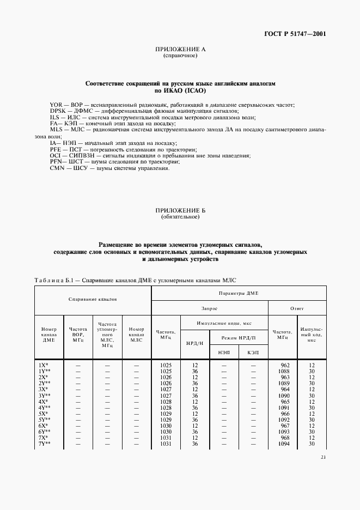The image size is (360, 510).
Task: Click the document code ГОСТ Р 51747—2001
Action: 296,34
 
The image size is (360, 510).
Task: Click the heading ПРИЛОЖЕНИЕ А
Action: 180,50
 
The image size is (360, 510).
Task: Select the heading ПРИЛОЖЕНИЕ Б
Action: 180,210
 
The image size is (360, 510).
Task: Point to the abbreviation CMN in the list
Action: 42,168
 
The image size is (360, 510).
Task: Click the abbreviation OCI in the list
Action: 41,156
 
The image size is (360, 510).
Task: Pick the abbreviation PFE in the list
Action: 41,149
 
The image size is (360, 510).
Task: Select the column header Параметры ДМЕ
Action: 238,293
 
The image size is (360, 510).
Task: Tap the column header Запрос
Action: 209,308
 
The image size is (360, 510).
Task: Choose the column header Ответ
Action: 297,308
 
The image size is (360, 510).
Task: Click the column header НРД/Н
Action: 195,344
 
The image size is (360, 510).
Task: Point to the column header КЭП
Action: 253,352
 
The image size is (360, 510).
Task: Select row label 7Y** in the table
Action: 45,444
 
